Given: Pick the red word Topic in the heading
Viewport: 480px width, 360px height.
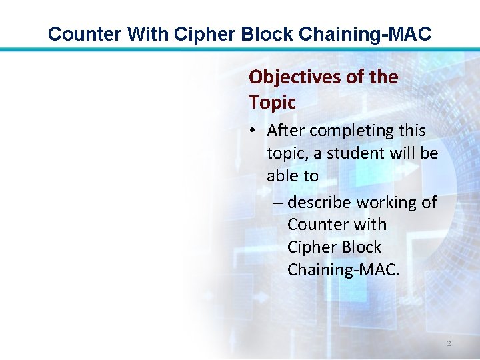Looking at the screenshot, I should (x=272, y=103).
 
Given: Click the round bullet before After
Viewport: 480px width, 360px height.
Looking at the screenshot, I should (x=256, y=131).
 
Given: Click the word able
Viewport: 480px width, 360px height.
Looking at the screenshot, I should (x=283, y=176).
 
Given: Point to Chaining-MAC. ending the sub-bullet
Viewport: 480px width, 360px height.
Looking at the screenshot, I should (x=343, y=270).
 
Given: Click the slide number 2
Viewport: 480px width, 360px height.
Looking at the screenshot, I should (x=449, y=343).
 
